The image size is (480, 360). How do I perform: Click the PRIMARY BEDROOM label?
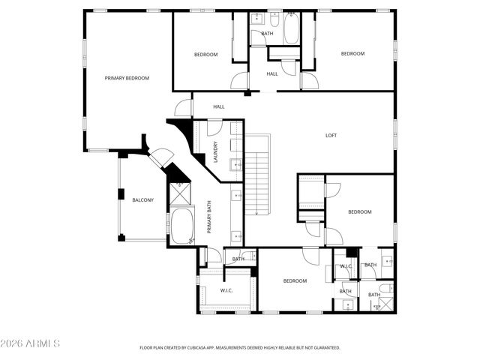127,78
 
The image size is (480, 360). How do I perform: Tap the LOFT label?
331,136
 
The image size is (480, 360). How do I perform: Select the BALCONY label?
143,200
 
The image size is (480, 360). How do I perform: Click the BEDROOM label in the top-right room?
352,53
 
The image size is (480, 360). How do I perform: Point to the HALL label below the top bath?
272,73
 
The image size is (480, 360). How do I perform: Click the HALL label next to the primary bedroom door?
219,106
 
